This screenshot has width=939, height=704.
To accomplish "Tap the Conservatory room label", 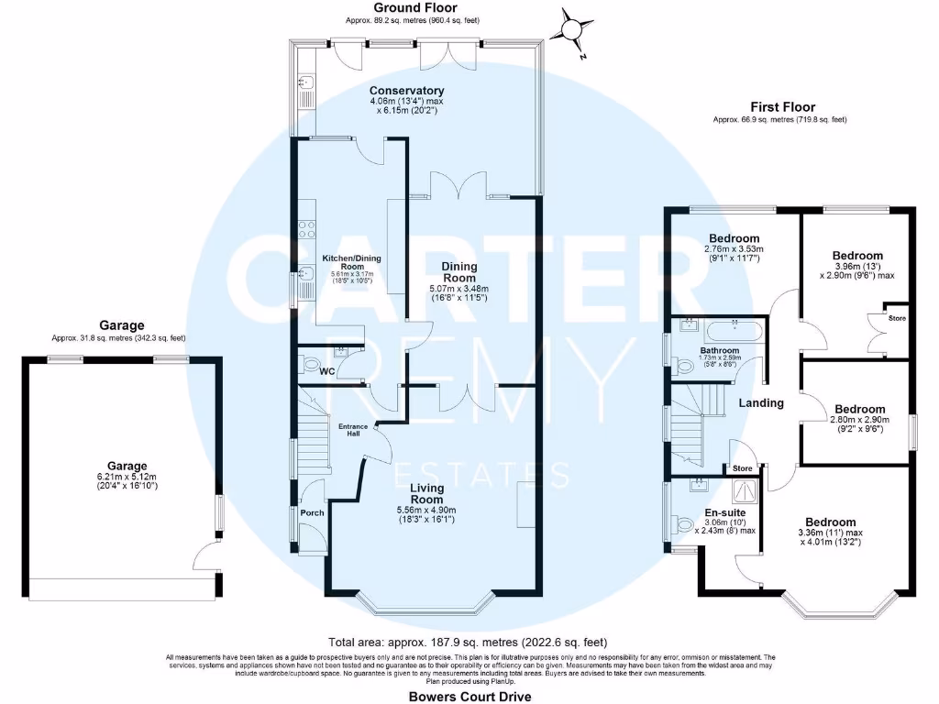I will (x=406, y=91).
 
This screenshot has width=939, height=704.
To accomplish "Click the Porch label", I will (x=313, y=512).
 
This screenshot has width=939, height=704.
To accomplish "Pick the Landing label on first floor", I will (x=761, y=403).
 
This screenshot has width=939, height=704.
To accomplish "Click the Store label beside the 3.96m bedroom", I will (x=896, y=318).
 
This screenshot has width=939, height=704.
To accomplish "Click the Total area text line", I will (x=468, y=642).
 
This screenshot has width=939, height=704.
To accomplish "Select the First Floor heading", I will (x=782, y=107).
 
